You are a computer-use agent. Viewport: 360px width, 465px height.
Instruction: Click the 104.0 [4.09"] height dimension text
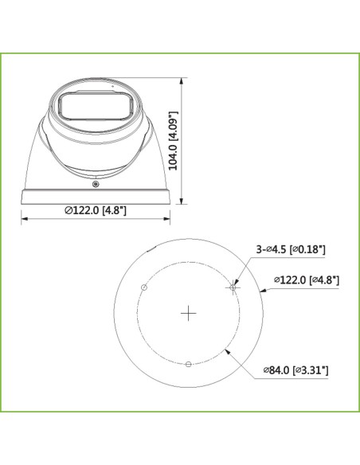click(173, 141)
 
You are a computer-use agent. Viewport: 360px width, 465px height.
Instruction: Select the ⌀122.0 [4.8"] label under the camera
click(96, 210)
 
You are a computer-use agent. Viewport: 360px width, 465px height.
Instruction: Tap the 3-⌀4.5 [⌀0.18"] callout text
click(291, 249)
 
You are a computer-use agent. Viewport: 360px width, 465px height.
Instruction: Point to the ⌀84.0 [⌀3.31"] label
click(296, 370)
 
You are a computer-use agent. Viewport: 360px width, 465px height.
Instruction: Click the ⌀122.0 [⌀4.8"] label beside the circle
click(307, 279)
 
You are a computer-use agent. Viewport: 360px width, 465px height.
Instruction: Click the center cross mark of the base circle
click(188, 313)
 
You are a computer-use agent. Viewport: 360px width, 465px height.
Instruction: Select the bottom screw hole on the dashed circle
click(188, 364)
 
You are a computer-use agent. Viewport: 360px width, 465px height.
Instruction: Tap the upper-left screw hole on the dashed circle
click(144, 287)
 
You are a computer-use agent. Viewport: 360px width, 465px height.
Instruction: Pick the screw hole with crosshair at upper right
click(233, 287)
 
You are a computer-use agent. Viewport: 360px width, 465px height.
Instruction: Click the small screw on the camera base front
click(96, 185)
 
